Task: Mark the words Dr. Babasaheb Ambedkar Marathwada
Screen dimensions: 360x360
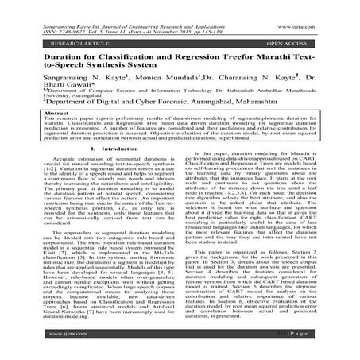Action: (278, 106)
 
